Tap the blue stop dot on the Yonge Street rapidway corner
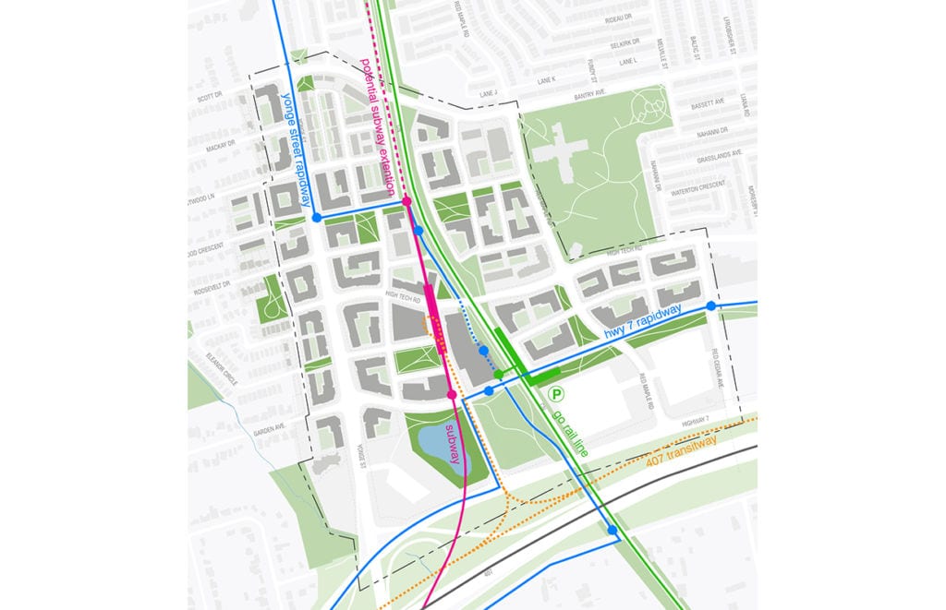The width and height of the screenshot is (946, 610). [317, 218]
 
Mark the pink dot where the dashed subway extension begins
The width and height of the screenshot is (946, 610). [406, 200]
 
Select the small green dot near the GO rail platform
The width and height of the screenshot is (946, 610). [498, 375]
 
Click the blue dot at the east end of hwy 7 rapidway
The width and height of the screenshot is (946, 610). [710, 306]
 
